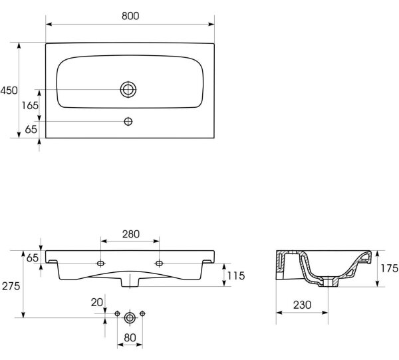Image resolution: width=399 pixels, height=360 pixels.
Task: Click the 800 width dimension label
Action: [130, 16]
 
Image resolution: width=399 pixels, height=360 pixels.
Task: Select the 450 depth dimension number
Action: [9, 90]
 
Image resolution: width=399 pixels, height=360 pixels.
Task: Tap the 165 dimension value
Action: [30, 105]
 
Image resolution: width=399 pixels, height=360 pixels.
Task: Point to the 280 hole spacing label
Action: [131, 234]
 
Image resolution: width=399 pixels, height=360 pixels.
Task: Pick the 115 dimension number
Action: [236, 275]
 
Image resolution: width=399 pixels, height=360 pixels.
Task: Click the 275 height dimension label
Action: [11, 286]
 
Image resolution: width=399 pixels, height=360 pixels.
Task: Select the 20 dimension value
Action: [97, 303]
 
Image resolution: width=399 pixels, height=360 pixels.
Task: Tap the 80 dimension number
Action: [130, 338]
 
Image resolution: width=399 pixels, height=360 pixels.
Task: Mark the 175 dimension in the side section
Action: [389, 268]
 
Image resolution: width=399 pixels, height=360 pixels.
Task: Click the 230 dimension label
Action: [302, 305]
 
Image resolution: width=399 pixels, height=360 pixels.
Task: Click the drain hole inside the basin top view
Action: [128, 89]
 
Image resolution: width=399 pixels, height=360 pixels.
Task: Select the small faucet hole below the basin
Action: [128, 122]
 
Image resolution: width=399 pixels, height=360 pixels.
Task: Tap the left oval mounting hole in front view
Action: [101, 264]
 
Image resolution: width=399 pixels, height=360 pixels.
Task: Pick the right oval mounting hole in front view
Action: [159, 264]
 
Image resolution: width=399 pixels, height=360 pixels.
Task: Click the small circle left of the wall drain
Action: [117, 313]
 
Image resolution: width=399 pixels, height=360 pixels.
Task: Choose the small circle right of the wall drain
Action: [142, 313]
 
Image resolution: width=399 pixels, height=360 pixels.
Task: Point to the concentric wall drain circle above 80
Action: [130, 317]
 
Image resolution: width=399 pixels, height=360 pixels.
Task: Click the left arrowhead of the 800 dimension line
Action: [49, 24]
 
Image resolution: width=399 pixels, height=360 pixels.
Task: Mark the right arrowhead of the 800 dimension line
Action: [211, 24]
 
